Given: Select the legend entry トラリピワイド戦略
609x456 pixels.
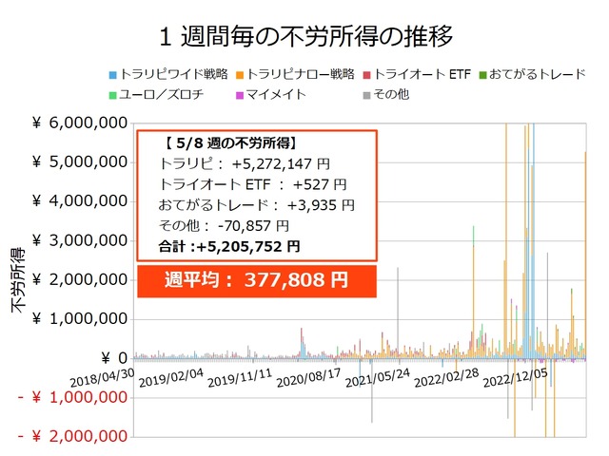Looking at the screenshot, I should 168,74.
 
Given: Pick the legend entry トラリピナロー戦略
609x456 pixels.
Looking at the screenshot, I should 297,74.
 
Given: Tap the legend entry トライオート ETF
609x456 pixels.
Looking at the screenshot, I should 417,74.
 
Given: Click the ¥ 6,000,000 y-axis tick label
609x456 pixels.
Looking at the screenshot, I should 81,123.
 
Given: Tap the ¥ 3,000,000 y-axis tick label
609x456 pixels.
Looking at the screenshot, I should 81,240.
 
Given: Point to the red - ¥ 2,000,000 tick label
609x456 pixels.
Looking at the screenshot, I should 73,436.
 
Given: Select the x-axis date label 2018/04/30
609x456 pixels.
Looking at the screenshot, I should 104,376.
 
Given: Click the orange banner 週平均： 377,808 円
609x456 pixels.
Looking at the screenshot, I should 257,281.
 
